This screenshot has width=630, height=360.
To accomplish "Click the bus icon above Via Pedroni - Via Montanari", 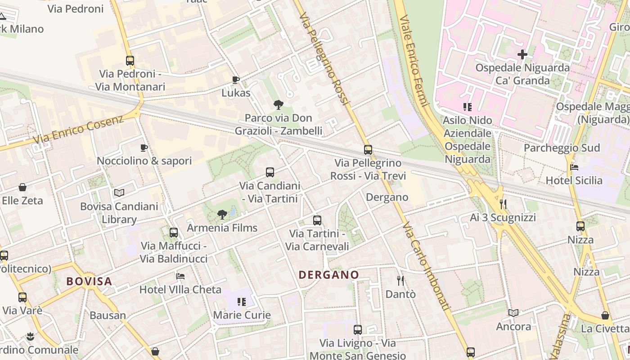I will [x=130, y=60].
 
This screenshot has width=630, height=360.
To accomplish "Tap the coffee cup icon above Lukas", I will [x=235, y=80].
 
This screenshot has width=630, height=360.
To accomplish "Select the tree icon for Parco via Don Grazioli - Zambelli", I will [x=279, y=105].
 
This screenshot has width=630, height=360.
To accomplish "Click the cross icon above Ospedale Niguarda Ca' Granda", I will [x=522, y=55].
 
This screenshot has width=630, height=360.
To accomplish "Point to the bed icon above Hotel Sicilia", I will [x=574, y=167].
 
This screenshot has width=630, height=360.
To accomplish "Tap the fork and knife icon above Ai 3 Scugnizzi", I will [x=503, y=204].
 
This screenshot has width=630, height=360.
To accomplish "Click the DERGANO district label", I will [x=329, y=274].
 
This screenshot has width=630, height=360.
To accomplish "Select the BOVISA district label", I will [x=89, y=282].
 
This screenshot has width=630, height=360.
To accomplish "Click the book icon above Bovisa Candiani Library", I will [x=119, y=193].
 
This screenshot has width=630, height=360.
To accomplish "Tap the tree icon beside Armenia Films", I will [x=222, y=215].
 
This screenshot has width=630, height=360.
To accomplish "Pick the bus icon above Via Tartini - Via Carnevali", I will [x=317, y=220].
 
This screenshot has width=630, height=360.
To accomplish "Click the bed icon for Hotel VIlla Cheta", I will [x=180, y=276].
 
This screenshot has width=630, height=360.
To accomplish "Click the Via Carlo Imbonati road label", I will [x=426, y=265].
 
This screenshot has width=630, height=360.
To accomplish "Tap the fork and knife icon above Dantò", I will [x=400, y=281].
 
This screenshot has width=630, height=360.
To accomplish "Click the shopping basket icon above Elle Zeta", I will [x=22, y=187].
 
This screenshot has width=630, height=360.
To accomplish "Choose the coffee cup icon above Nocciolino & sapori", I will [x=144, y=148].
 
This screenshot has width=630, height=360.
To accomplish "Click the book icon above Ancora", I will [x=513, y=313].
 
